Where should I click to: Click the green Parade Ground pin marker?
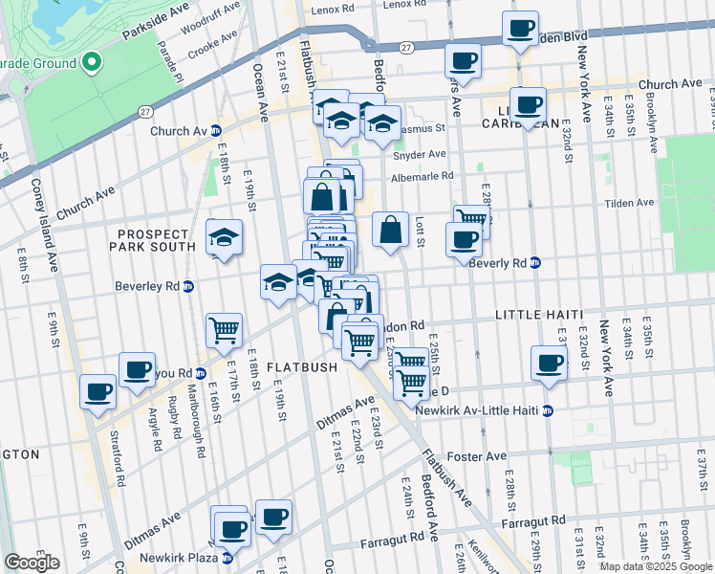coord(93,63)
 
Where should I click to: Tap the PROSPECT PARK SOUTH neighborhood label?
coord(160,243)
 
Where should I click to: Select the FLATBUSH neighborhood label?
coord(301,366)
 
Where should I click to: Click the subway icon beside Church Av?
coord(216,131)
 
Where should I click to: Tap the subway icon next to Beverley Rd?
coord(188,285)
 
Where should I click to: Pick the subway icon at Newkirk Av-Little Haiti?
coord(547,410)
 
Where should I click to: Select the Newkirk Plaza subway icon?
coord(227,558)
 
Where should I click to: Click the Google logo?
coord(32,562)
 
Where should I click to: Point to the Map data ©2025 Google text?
coord(655,566)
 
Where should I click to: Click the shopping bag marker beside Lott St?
coord(390,231)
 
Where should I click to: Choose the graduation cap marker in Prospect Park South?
coord(224,238)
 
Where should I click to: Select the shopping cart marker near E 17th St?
coord(224,331)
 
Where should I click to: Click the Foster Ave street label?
coord(483,456)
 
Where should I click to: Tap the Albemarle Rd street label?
coord(422,177)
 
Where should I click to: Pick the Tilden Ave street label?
coord(631,203)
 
